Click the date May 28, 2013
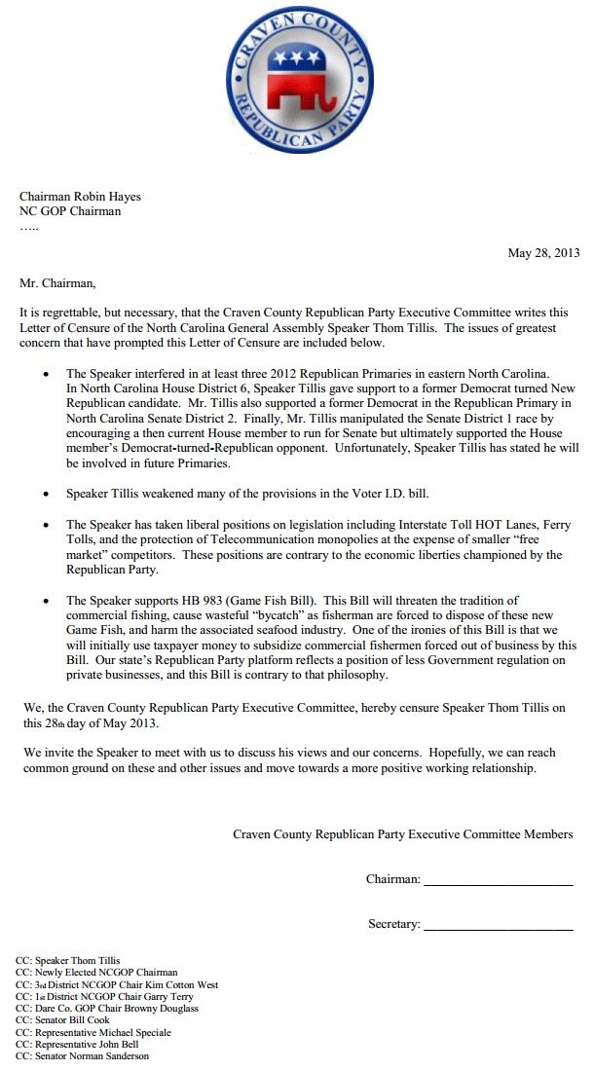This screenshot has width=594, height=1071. click(x=543, y=253)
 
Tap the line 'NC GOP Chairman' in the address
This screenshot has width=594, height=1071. click(x=70, y=211)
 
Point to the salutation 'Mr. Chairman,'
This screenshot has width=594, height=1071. click(x=58, y=283)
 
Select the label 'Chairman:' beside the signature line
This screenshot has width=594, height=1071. click(x=393, y=879)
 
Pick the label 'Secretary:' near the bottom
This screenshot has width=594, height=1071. click(x=394, y=924)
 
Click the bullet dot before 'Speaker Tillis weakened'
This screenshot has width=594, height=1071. click(x=46, y=495)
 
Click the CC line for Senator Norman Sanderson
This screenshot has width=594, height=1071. click(x=83, y=1055)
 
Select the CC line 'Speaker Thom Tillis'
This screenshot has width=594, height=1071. click(x=68, y=961)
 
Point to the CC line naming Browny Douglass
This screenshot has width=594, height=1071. click(x=107, y=1009)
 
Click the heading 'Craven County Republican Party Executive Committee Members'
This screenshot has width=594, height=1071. click(x=403, y=834)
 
